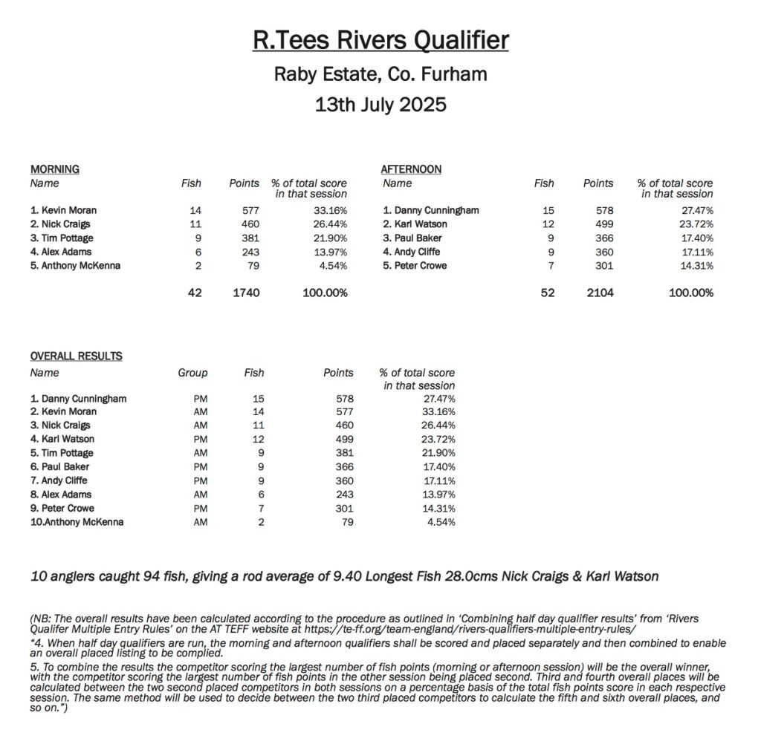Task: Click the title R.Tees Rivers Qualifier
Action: pyautogui.click(x=380, y=40)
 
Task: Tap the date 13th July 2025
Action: pyautogui.click(x=380, y=104)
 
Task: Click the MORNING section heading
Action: pyautogui.click(x=54, y=169)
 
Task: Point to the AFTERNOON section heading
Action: pyautogui.click(x=411, y=169)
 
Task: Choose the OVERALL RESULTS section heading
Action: pyautogui.click(x=76, y=356)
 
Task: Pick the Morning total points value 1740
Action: pyautogui.click(x=246, y=293)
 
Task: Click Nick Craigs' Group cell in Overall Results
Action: pyautogui.click(x=199, y=426)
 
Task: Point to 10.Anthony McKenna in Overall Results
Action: pyautogui.click(x=77, y=522)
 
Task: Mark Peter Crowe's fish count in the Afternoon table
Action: pyautogui.click(x=549, y=265)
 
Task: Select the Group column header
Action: pyautogui.click(x=192, y=373)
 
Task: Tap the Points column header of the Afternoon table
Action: pyautogui.click(x=598, y=183)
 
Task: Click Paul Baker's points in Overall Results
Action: pyautogui.click(x=343, y=467)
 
